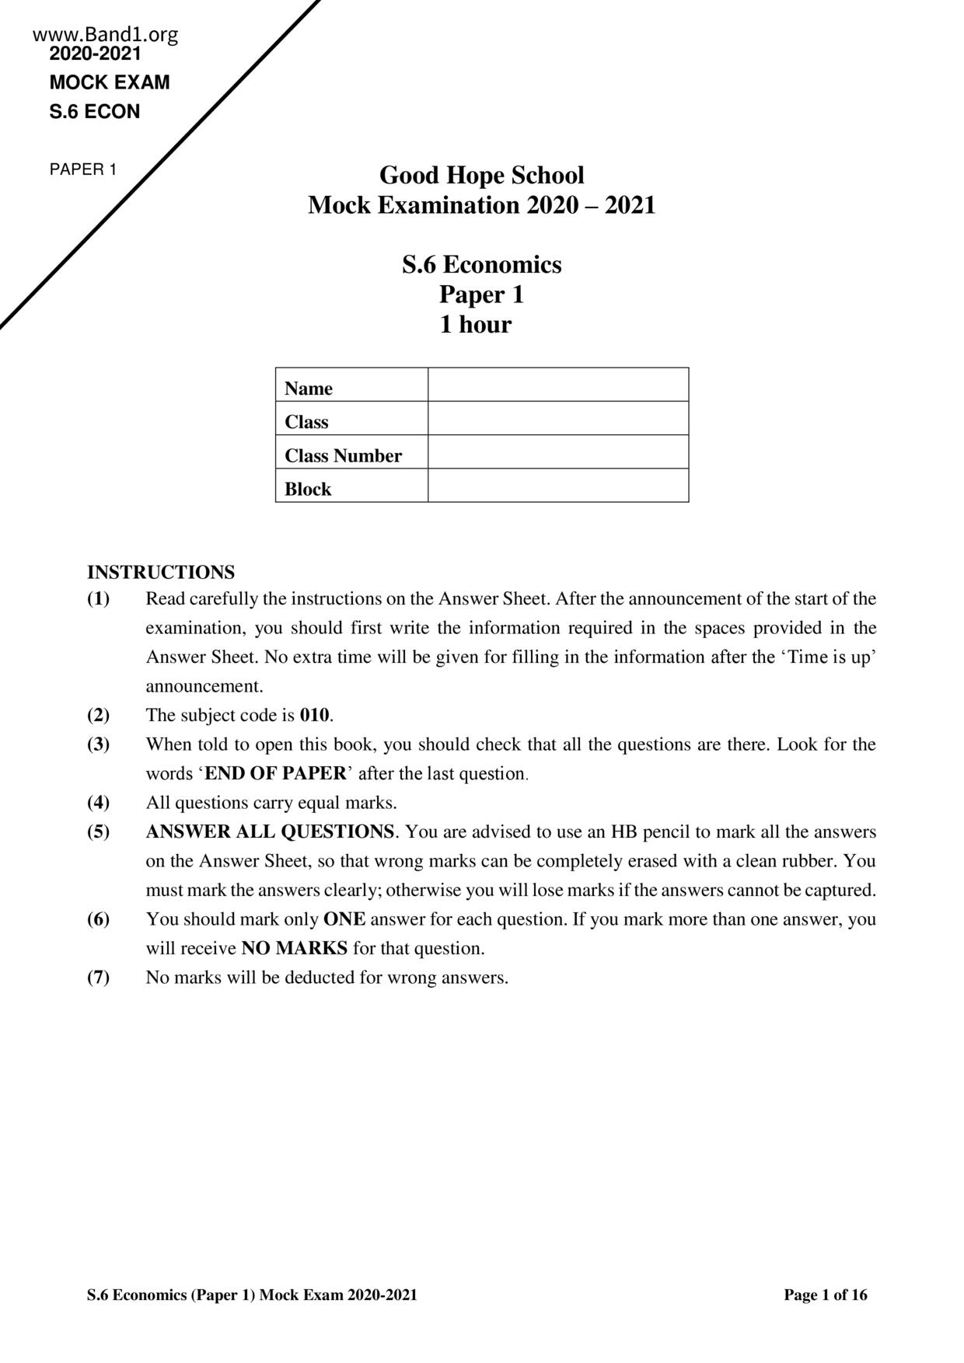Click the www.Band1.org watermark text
pos(106,35)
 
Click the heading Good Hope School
pos(481,176)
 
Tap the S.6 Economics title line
pos(481,265)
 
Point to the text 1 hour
pos(475,324)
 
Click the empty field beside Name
pos(557,385)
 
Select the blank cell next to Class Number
pos(557,451)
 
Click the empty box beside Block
pos(557,486)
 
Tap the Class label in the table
pos(306,422)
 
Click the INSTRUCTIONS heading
pos(161,573)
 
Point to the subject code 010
pos(315,715)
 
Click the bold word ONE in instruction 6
pos(344,919)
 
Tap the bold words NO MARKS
pos(295,949)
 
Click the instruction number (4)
pos(98,803)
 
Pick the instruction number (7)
pos(98,978)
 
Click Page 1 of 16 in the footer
pos(825,1295)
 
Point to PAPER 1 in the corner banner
pos(83,169)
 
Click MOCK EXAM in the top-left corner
pos(110,82)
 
